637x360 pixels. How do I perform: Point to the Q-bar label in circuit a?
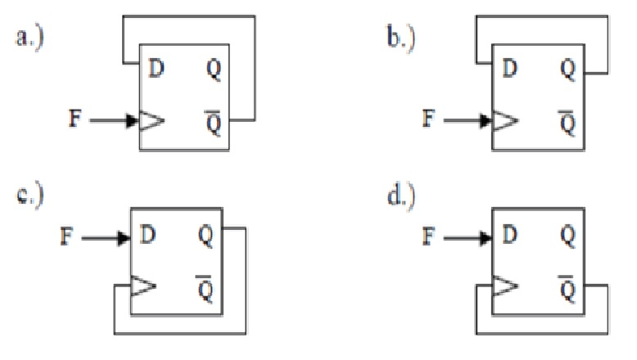[x=212, y=119]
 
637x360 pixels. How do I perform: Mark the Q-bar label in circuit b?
[x=567, y=119]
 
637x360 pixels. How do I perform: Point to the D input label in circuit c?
[x=147, y=237]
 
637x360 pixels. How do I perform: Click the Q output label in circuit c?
[x=205, y=236]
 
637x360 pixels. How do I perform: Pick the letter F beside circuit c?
[x=68, y=238]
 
